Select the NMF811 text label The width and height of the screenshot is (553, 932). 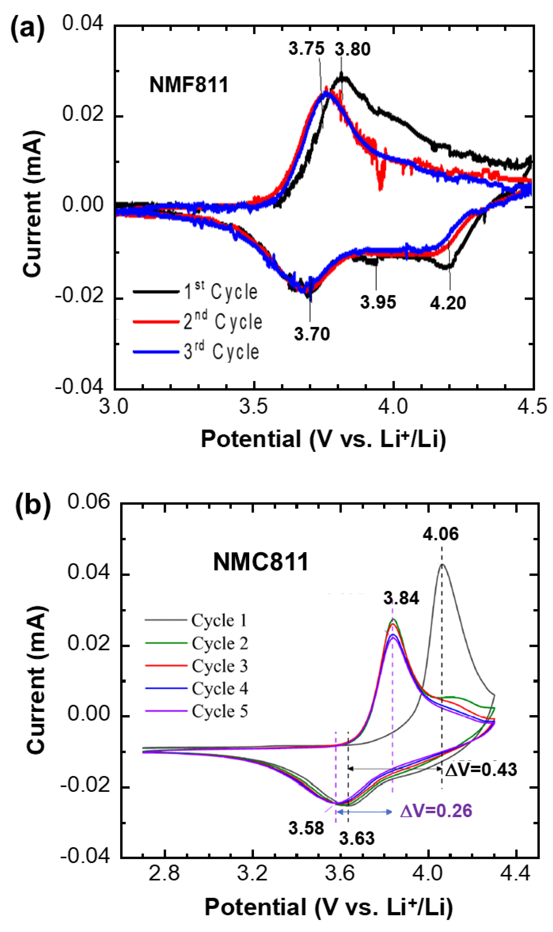(x=188, y=85)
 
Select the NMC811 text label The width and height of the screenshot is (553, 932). (x=261, y=562)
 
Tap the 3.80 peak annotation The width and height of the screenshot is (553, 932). (x=352, y=49)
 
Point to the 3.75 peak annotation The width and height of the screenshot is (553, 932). (x=306, y=48)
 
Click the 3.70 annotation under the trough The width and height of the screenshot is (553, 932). (x=312, y=334)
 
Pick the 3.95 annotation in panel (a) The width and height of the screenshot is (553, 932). (x=378, y=302)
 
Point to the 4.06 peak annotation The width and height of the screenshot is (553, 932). (x=440, y=534)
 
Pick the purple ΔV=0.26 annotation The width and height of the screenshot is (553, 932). (x=436, y=811)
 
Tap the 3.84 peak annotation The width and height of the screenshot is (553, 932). (x=401, y=598)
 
